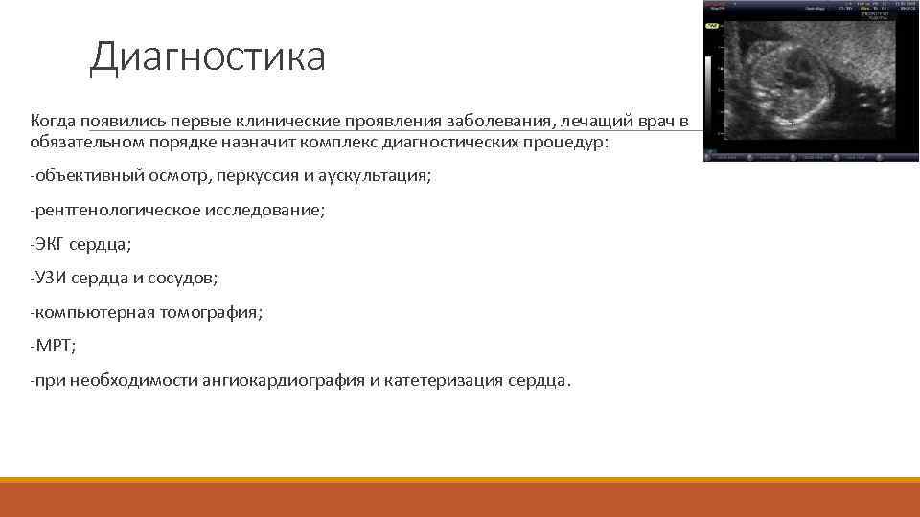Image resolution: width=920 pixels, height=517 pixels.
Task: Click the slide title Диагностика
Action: click(x=207, y=56)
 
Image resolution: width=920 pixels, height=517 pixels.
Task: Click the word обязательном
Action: click(x=86, y=143)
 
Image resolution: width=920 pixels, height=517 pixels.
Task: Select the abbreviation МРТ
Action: click(x=52, y=346)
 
